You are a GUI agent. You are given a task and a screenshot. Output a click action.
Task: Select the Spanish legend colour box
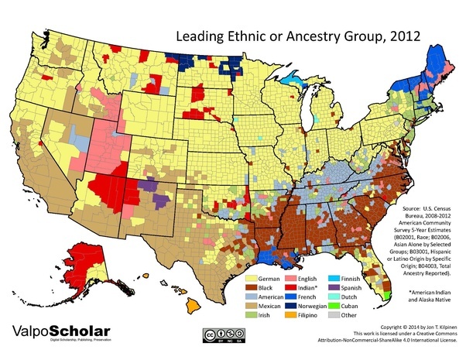click(346, 286)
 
